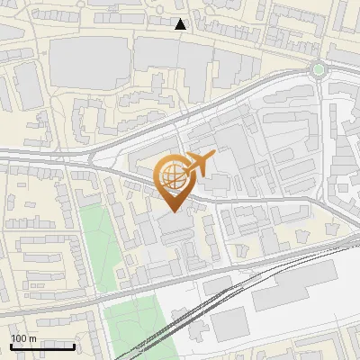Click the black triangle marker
(x=181, y=24)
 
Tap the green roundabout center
(x=317, y=68)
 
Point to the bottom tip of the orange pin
(x=172, y=211)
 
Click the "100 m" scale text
(x=23, y=338)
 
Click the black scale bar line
(x=42, y=346)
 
